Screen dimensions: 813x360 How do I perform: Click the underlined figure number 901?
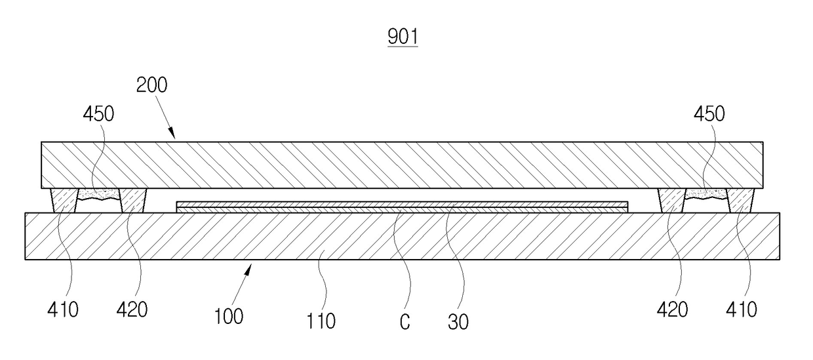pyautogui.click(x=403, y=37)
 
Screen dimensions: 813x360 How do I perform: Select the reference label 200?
pyautogui.click(x=151, y=85)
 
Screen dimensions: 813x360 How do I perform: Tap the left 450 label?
pyautogui.click(x=98, y=114)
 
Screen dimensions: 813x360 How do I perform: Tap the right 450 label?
pyautogui.click(x=709, y=114)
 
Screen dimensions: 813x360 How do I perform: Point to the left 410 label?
pyautogui.click(x=63, y=310)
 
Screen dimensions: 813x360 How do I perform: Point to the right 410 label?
pyautogui.click(x=742, y=310)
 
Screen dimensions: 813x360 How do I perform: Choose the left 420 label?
pyautogui.click(x=132, y=310)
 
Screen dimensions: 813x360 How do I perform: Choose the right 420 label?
pyautogui.click(x=672, y=310)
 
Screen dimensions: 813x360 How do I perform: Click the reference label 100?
pyautogui.click(x=229, y=317)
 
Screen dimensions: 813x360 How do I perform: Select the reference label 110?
pyautogui.click(x=321, y=321)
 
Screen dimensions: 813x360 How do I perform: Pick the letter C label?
pyautogui.click(x=405, y=322)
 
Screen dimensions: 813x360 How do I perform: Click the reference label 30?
pyautogui.click(x=458, y=322)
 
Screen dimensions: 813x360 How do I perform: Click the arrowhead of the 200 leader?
pyautogui.click(x=173, y=134)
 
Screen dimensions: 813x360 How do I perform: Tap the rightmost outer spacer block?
pyautogui.click(x=741, y=201)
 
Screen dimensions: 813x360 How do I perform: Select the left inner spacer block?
pyautogui.click(x=133, y=201)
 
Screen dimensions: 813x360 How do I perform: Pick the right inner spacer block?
pyautogui.click(x=672, y=201)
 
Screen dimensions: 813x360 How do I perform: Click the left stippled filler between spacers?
pyautogui.click(x=99, y=194)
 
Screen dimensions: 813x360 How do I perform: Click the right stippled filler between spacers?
pyautogui.click(x=706, y=194)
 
